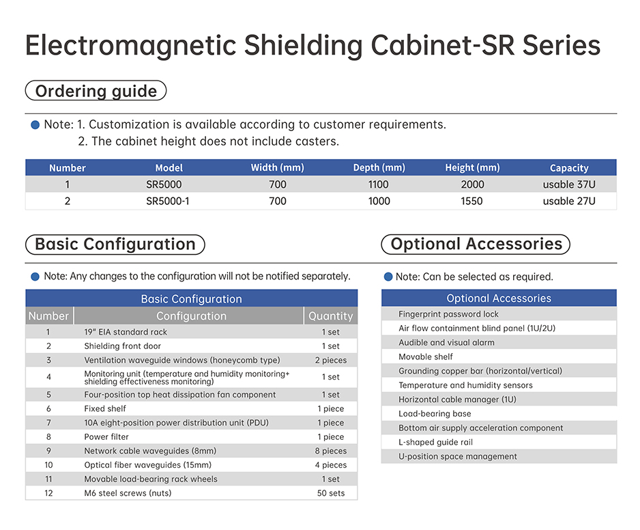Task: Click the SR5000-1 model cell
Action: click(x=168, y=201)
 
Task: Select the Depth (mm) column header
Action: click(x=379, y=167)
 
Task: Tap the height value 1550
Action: click(x=472, y=201)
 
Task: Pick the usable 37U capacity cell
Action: click(x=569, y=184)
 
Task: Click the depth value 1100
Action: click(x=379, y=184)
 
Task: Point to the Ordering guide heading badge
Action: click(x=96, y=91)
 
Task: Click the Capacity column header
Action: click(x=569, y=168)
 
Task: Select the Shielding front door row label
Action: click(x=122, y=346)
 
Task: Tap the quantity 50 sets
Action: click(x=331, y=493)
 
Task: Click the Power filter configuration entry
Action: click(x=106, y=437)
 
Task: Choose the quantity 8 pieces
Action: click(x=331, y=451)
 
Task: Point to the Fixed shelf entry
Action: click(x=105, y=408)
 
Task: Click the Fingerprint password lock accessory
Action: click(x=448, y=314)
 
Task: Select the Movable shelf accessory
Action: click(x=426, y=357)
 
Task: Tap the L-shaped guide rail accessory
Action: click(x=435, y=442)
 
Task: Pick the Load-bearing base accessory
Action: click(x=435, y=413)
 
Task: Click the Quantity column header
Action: click(x=331, y=316)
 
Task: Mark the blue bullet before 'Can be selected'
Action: click(x=388, y=277)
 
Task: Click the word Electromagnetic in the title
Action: click(x=131, y=46)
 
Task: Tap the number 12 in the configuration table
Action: click(x=48, y=493)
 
